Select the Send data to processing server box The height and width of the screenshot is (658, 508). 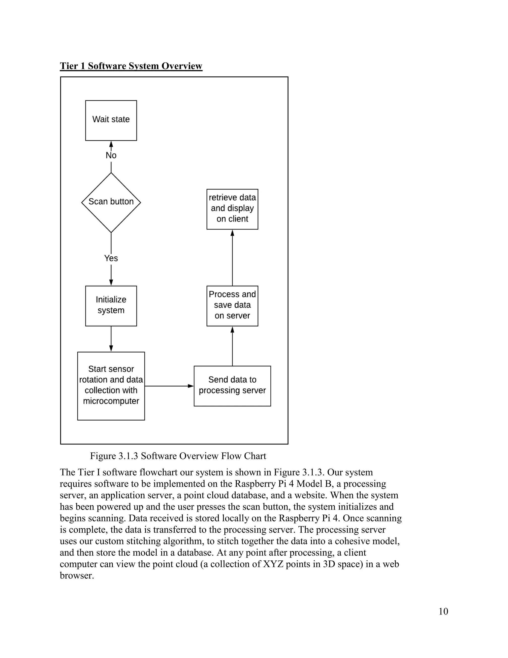[x=232, y=386]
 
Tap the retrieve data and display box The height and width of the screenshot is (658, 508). [x=232, y=209]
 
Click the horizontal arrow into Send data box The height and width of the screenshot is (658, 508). [x=168, y=386]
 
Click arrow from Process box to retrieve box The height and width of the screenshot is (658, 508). [x=232, y=257]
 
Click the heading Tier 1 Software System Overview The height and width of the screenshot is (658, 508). [x=131, y=66]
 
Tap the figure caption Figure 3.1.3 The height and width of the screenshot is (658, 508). [x=178, y=456]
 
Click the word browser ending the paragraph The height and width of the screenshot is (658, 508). [x=77, y=576]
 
